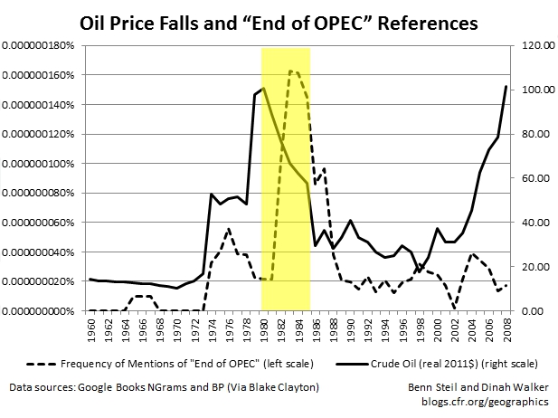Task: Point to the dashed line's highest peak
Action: (x=291, y=70)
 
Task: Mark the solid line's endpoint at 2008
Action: (x=504, y=86)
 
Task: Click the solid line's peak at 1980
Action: (x=263, y=88)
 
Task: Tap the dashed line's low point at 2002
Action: (x=454, y=309)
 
